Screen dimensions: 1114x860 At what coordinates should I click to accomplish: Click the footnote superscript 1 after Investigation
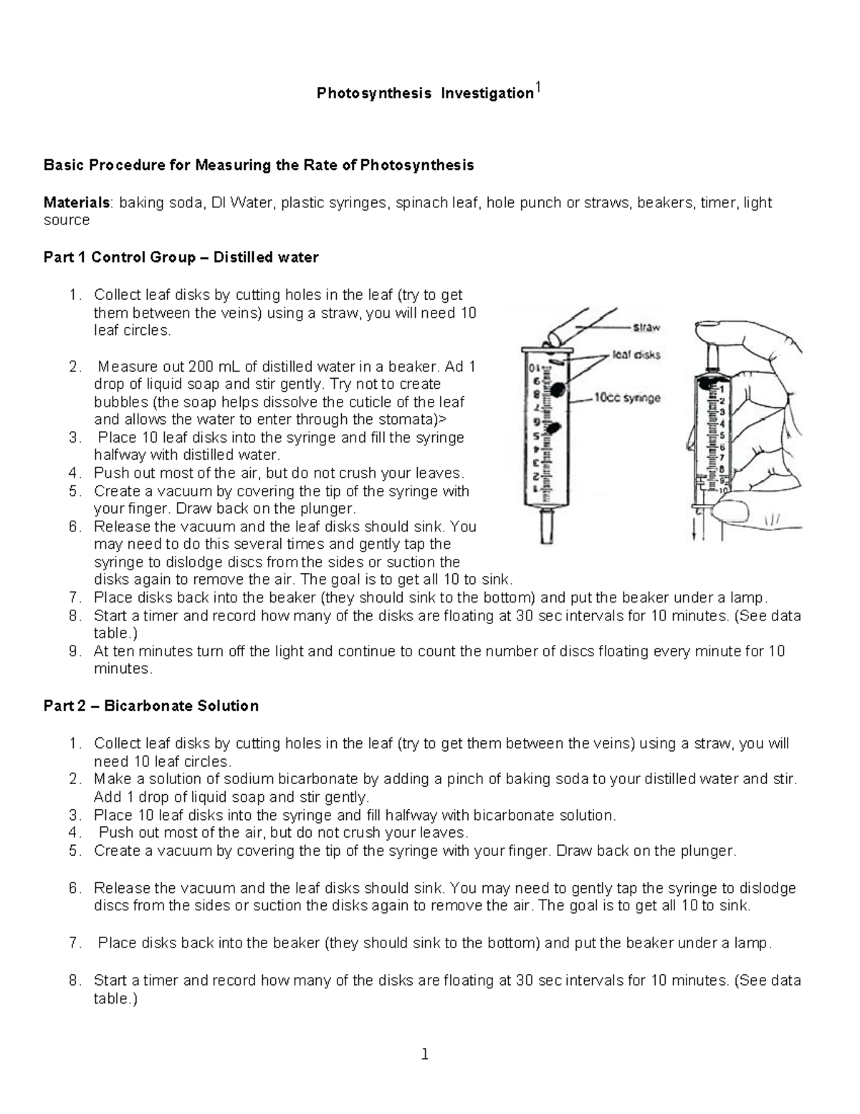pyautogui.click(x=539, y=89)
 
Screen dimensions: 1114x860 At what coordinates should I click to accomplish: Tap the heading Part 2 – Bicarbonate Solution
pyautogui.click(x=150, y=706)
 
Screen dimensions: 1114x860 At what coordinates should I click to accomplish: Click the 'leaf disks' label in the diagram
pyautogui.click(x=636, y=354)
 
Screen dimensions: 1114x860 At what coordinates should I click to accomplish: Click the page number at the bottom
pyautogui.click(x=425, y=1054)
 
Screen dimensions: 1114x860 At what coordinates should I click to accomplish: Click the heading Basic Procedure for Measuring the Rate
pyautogui.click(x=259, y=166)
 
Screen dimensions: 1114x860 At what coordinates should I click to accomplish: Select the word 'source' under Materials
pyautogui.click(x=66, y=220)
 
